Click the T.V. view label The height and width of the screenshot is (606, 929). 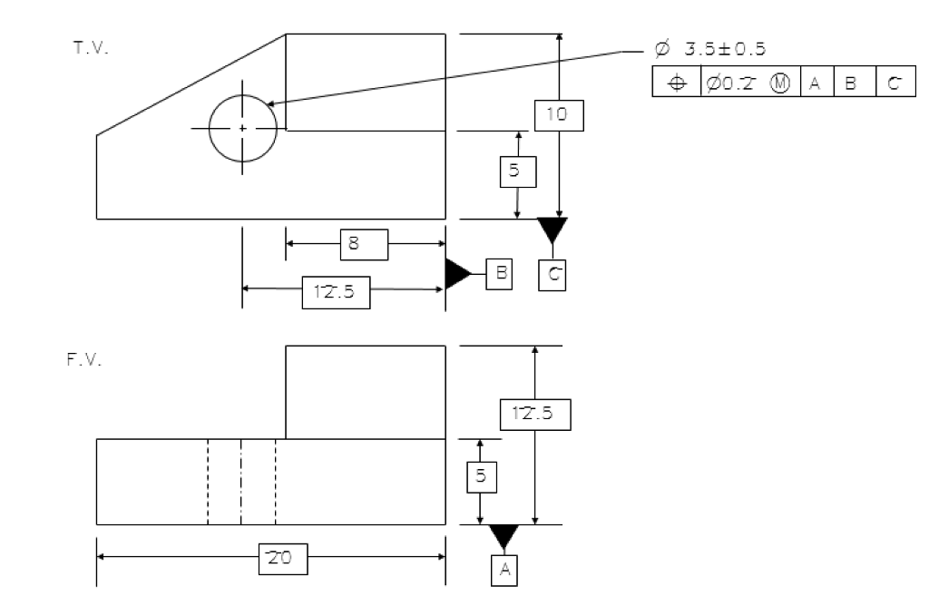coord(91,48)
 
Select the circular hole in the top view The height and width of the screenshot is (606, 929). coord(242,129)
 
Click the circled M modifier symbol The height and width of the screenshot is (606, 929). coord(780,83)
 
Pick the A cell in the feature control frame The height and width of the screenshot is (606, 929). coord(816,83)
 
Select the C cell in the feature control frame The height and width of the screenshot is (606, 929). coord(895,83)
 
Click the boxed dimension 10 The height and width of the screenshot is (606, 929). coord(559,115)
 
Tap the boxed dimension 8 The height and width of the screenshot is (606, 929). coord(364,244)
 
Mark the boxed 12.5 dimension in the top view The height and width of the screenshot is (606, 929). coord(337,293)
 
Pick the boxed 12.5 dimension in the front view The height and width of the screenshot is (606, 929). coord(534,415)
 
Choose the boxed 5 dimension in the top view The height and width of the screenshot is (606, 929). coord(517,171)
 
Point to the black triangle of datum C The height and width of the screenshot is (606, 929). coord(552,229)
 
